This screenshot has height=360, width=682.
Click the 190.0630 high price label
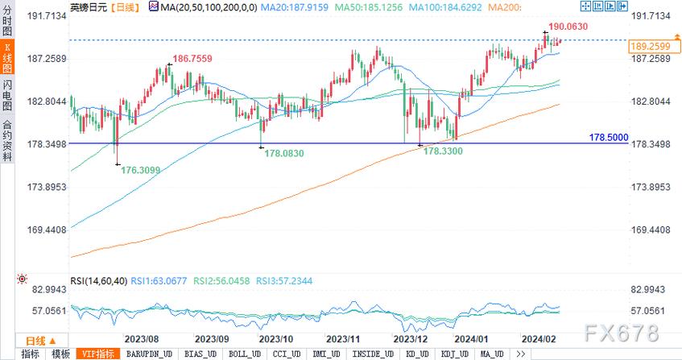click(x=568, y=27)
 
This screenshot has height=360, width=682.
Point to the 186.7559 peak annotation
click(x=193, y=59)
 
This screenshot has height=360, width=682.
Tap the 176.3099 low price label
click(x=141, y=170)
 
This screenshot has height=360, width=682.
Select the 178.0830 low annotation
click(x=286, y=153)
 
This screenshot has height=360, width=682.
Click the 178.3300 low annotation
click(x=444, y=151)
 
